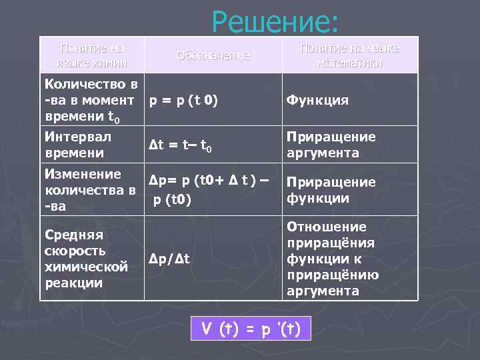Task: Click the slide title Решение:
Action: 275,22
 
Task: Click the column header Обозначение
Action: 213,55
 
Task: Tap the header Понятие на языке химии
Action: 92,55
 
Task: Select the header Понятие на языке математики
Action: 350,55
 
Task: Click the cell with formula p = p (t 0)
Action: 183,100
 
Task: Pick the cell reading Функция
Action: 317,100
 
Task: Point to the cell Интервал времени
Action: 77,145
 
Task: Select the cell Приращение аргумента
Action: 331,145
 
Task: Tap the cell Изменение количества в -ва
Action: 89,190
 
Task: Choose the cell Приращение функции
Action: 331,190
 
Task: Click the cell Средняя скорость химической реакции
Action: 85,259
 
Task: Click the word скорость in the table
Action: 75,251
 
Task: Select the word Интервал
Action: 77,137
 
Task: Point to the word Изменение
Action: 82,174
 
